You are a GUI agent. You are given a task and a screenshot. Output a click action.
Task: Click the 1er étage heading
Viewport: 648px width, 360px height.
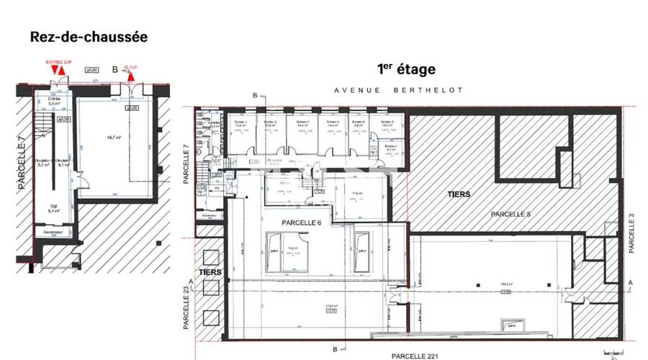tap(406, 69)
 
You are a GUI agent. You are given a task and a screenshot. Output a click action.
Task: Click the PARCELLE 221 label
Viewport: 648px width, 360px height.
tap(415, 356)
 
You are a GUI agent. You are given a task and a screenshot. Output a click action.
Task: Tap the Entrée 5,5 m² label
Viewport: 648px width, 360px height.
tap(53, 102)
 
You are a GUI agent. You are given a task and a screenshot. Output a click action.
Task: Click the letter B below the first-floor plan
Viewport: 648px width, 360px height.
tap(335, 349)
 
